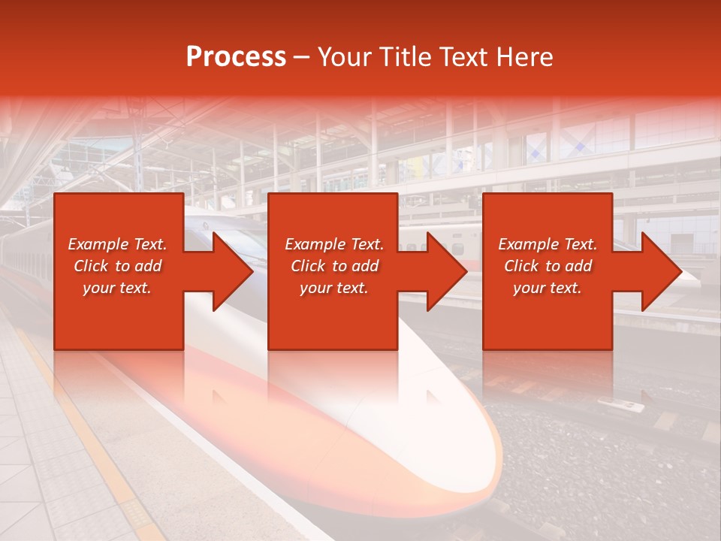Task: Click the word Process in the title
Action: [x=236, y=57]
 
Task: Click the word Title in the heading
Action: [x=406, y=57]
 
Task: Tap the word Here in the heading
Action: [x=525, y=57]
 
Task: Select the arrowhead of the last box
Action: [x=660, y=272]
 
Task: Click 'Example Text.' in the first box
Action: [x=117, y=244]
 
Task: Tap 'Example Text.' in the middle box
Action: [x=334, y=244]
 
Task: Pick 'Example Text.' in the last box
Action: [x=548, y=244]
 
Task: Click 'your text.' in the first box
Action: [x=117, y=288]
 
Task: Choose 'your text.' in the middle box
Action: [x=334, y=288]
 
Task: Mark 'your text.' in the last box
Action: [x=548, y=288]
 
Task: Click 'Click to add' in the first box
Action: [x=117, y=266]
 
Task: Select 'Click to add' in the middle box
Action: [x=334, y=266]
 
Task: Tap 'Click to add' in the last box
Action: [x=548, y=266]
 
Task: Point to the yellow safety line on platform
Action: [x=90, y=436]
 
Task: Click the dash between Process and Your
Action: [x=301, y=58]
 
